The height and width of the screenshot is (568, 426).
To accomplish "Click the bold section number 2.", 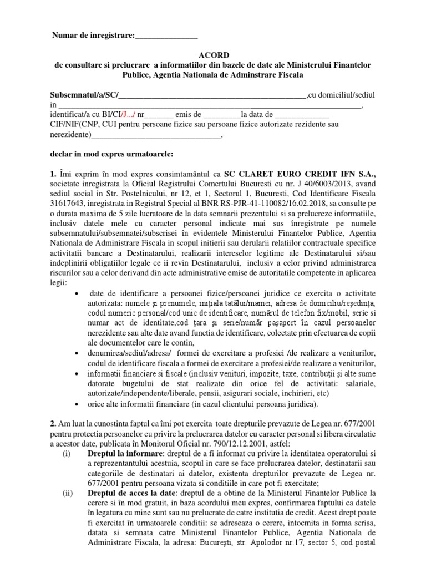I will (53, 423).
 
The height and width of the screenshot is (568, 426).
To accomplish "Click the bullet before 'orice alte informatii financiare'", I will (75, 403).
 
